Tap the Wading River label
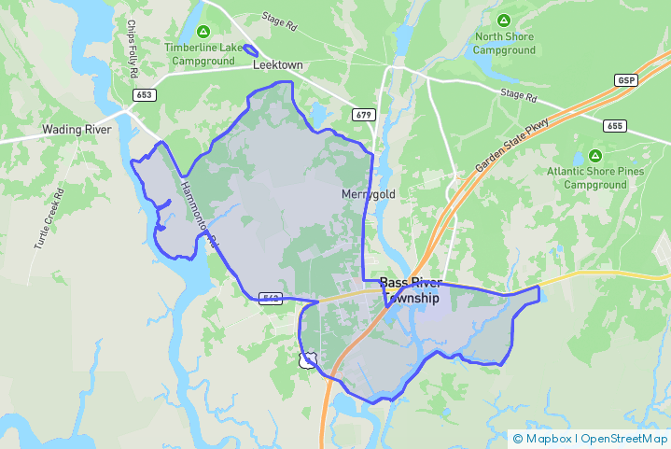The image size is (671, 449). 77,130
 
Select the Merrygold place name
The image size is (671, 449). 368,193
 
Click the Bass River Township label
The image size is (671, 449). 410,289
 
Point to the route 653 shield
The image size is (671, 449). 144,95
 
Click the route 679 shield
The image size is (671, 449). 364,115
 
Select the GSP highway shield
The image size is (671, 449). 625,81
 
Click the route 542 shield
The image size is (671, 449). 271,298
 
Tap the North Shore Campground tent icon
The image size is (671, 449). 504,21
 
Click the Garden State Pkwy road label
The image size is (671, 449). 513,146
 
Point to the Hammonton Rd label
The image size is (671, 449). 199,215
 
